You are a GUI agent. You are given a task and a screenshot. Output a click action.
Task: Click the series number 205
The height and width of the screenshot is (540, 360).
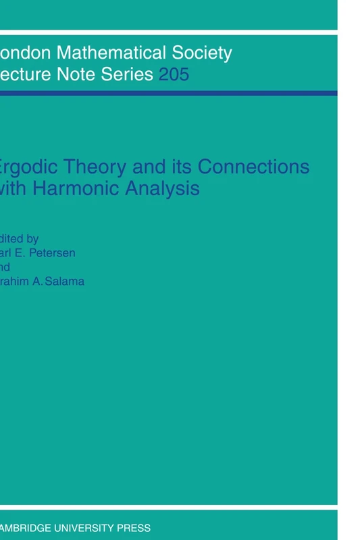(174, 74)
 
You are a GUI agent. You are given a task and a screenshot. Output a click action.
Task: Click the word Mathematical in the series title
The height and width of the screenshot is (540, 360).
(110, 53)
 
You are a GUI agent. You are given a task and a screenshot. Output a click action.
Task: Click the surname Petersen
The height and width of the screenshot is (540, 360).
(60, 252)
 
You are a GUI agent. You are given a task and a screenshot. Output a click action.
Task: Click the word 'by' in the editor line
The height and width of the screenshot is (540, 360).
(31, 238)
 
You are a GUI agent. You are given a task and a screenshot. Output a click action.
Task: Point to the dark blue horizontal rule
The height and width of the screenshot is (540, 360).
(169, 93)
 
